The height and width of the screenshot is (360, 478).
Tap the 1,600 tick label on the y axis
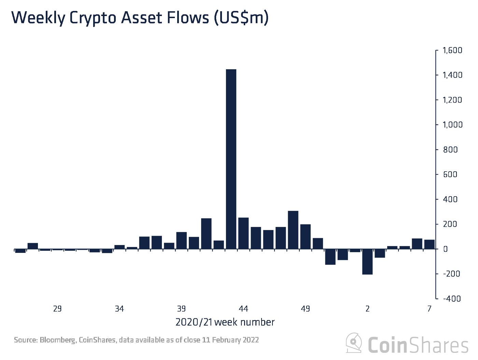(x=452, y=51)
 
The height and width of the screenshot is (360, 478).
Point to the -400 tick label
(x=452, y=299)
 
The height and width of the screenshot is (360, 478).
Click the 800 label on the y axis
(x=451, y=149)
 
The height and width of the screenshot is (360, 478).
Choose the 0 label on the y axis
(x=445, y=249)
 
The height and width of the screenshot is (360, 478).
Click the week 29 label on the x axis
(x=57, y=309)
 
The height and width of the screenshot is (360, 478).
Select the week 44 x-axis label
(x=243, y=309)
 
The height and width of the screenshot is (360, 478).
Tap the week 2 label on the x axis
(x=367, y=309)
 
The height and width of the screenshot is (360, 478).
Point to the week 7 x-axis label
(x=429, y=309)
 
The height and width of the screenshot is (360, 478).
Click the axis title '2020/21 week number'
(x=225, y=322)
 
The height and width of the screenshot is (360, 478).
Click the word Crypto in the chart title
(x=93, y=18)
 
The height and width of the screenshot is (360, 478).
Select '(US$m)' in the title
(x=241, y=18)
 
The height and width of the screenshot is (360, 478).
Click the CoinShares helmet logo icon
(x=354, y=343)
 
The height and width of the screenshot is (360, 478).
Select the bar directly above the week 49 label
(x=305, y=236)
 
